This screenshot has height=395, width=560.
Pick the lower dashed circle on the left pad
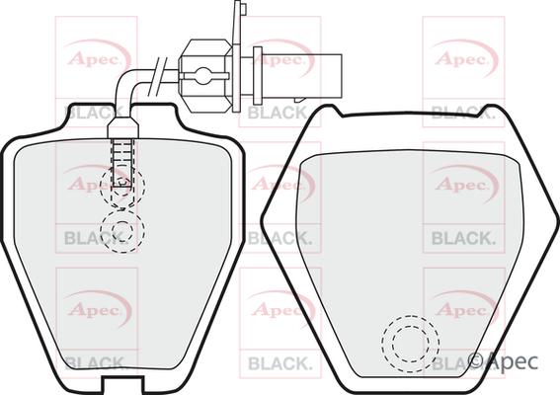pyautogui.click(x=123, y=231)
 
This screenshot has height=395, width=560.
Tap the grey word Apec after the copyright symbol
pyautogui.click(x=514, y=363)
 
